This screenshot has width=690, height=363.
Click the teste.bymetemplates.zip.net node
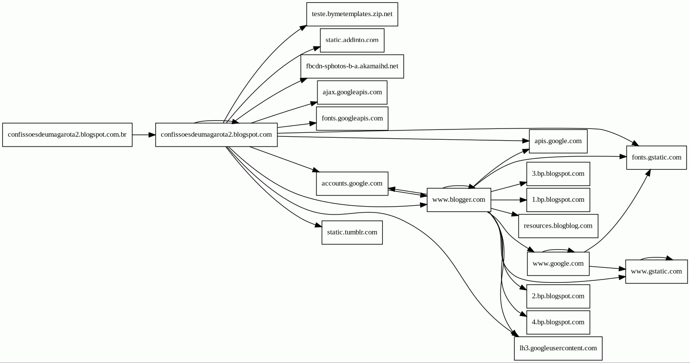352,14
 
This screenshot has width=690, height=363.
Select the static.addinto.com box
352,40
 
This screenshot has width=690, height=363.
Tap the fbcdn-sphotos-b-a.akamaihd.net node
352,66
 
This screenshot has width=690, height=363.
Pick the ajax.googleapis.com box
352,92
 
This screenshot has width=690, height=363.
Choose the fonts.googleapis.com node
352,118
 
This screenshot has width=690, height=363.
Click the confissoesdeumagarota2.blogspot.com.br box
67,135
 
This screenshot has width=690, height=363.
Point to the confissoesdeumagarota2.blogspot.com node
216,135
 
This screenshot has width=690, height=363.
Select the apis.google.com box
558,141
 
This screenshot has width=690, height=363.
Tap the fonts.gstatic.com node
656,157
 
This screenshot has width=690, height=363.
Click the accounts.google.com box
352,184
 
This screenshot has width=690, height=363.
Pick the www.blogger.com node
459,200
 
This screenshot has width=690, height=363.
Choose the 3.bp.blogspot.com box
558,174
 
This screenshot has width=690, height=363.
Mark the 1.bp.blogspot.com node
558,200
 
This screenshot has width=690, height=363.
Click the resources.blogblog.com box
558,226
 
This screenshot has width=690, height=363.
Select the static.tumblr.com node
352,233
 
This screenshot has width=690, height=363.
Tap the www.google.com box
558,264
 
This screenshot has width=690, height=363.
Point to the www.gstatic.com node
656,272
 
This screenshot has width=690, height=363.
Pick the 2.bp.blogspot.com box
558,296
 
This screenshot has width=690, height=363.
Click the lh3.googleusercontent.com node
558,348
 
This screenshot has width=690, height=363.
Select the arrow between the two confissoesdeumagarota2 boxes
144,135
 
